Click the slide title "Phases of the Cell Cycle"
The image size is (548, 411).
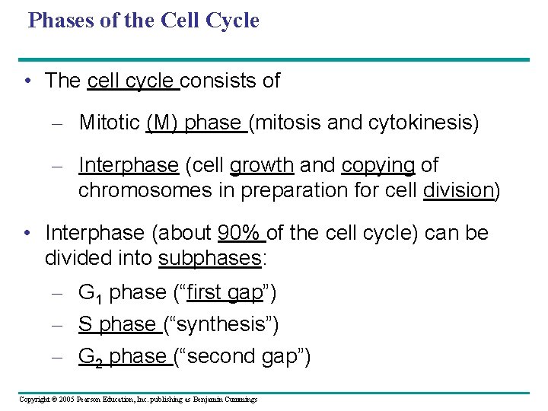[x=143, y=21]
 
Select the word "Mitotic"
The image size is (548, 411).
[x=109, y=123]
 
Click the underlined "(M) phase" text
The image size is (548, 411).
[x=193, y=123]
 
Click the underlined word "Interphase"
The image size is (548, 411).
[x=128, y=165]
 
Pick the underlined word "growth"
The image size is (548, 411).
[x=262, y=165]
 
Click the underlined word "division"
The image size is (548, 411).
[x=457, y=190]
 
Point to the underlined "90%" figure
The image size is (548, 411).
[x=239, y=233]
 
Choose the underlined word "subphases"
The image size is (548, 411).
[x=209, y=258]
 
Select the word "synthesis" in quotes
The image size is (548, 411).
[x=221, y=325]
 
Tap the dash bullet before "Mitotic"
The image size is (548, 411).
[x=62, y=123]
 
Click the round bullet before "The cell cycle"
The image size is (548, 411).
[x=27, y=81]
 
